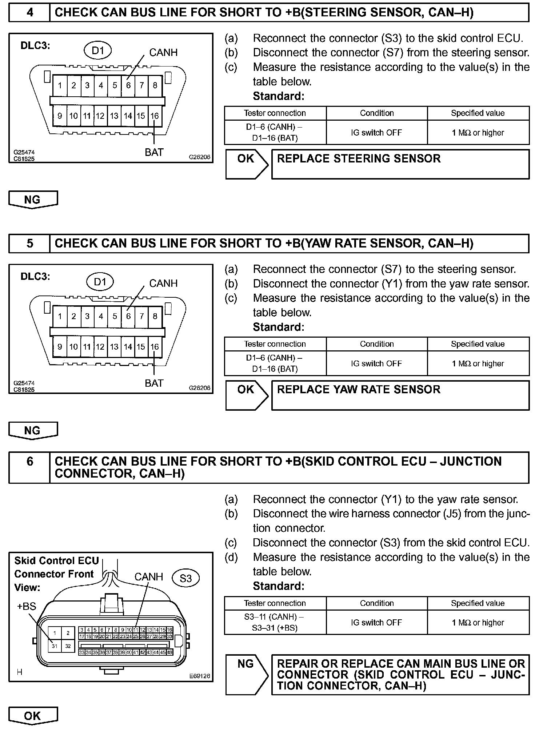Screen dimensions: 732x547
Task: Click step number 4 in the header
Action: [30, 13]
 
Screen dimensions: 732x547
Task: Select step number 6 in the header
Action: [30, 462]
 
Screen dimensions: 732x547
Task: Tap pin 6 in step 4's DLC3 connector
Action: [128, 85]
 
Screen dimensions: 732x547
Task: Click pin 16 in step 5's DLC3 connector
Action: [155, 347]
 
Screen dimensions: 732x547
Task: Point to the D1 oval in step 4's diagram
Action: [98, 51]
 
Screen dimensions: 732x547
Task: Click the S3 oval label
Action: [185, 578]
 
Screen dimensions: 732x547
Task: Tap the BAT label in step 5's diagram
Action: [154, 383]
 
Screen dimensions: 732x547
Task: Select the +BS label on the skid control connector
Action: [27, 606]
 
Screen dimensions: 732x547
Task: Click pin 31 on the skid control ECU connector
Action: [55, 646]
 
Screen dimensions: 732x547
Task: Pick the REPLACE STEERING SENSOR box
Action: [400, 164]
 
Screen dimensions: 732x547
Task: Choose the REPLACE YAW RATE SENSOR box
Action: [400, 395]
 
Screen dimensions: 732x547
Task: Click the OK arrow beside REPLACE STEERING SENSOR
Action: [247, 164]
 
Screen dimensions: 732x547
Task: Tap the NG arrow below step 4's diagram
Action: [33, 200]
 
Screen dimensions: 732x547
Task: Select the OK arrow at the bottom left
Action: [33, 716]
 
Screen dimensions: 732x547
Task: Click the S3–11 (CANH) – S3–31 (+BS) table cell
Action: [275, 622]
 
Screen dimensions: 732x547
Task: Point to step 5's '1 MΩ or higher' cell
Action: [478, 363]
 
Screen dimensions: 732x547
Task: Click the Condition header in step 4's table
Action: [377, 113]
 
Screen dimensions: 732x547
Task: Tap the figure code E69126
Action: [199, 676]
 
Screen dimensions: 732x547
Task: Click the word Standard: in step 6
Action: [279, 586]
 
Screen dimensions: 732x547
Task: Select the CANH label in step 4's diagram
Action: [163, 53]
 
